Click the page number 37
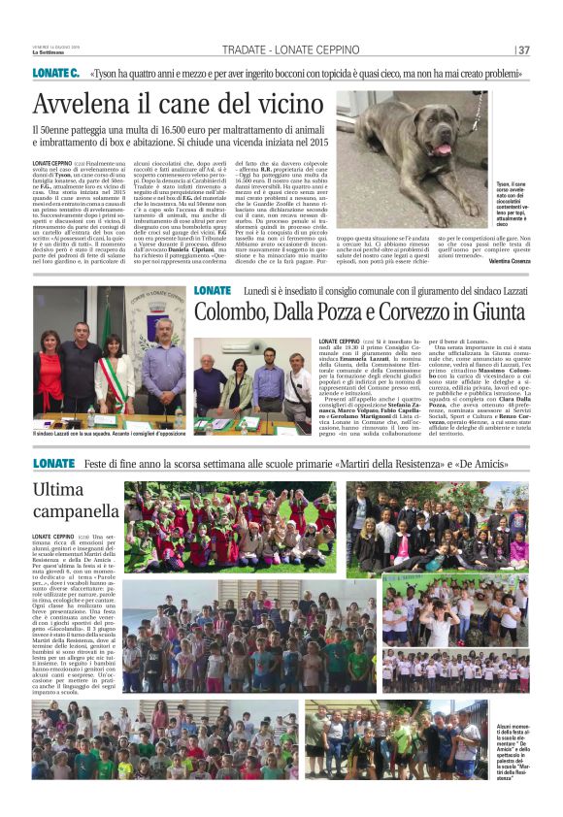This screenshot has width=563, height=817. pyautogui.click(x=523, y=50)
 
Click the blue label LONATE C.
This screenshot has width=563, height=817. pyautogui.click(x=55, y=73)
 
